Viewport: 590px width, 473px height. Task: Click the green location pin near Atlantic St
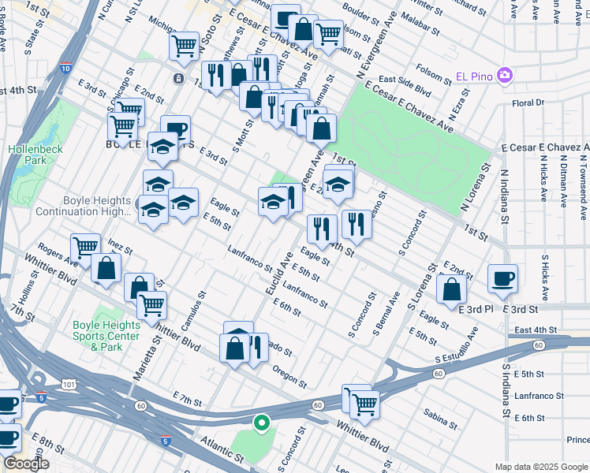pyautogui.click(x=261, y=423)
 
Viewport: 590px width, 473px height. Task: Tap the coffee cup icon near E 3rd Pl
pyautogui.click(x=502, y=278)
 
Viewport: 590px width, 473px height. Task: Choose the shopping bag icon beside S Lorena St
pyautogui.click(x=451, y=289)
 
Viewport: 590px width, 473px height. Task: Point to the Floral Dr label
pyautogui.click(x=528, y=102)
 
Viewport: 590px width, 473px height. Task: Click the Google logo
pyautogui.click(x=26, y=464)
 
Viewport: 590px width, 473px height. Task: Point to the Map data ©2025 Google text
pyautogui.click(x=540, y=467)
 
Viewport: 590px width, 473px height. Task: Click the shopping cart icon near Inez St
pyautogui.click(x=84, y=248)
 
